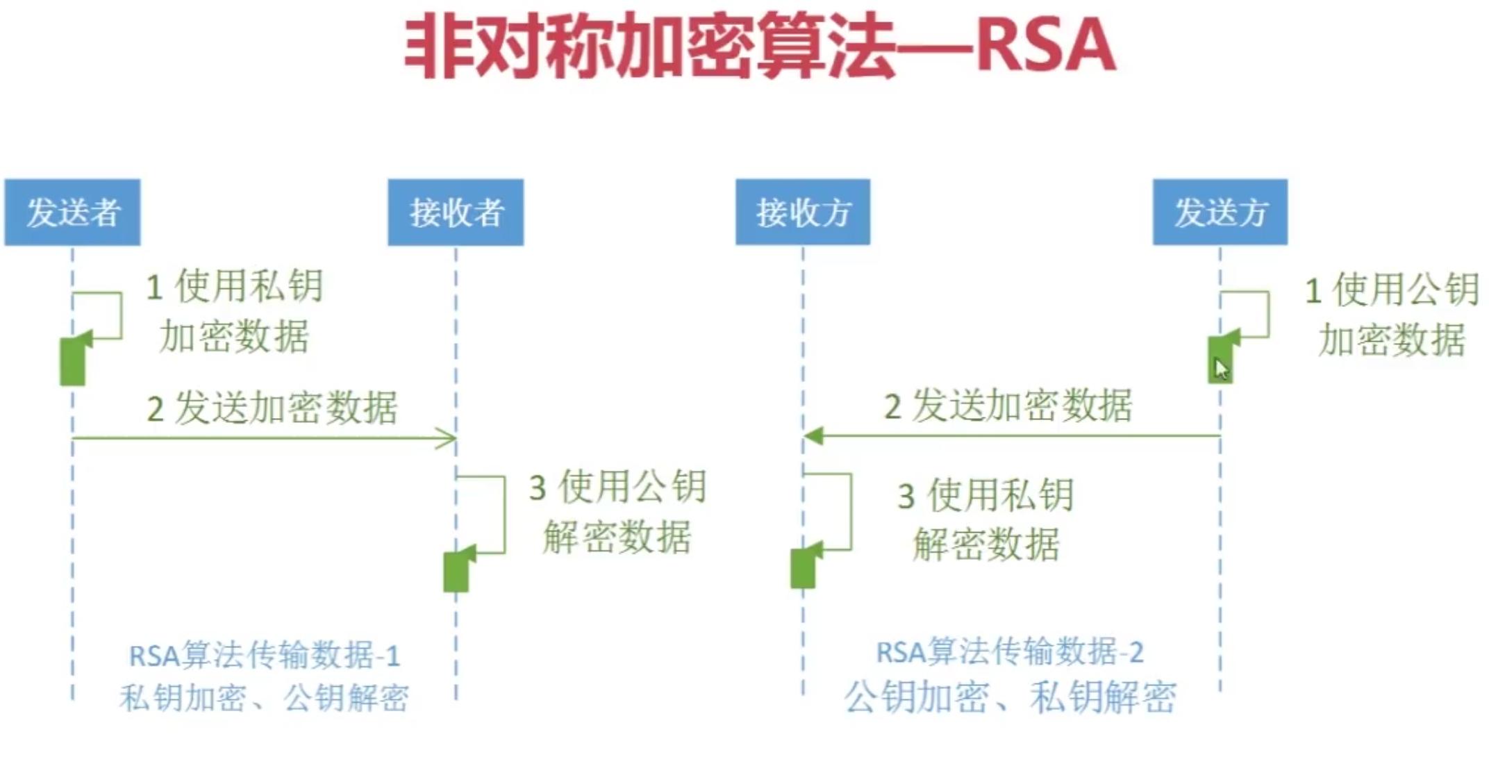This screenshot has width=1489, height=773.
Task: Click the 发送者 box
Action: coord(72,213)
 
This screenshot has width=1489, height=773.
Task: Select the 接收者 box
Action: coord(456,213)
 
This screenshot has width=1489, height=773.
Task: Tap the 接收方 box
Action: coord(803,213)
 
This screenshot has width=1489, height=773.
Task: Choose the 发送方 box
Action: coord(1220,213)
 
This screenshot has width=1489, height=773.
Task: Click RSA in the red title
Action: coord(1045,46)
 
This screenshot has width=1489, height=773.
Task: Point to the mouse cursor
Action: coord(1220,367)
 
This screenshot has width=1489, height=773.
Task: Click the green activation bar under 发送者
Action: coord(72,361)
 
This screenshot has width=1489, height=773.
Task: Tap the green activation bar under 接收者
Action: coord(456,572)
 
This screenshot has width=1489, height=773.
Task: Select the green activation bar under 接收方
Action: coord(803,568)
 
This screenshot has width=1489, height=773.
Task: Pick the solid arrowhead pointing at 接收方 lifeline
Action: coord(813,436)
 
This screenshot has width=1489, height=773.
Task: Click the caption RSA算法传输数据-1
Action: coord(265,656)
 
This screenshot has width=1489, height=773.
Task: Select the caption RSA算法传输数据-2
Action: coord(1010,652)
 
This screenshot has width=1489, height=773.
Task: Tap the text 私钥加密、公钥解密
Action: coord(265,697)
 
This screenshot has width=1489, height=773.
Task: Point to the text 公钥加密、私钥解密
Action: coord(1010,697)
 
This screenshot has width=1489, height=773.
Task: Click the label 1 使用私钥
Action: coord(235,286)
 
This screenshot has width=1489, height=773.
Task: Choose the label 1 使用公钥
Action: coord(1392,290)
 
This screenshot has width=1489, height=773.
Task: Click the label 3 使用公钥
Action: coord(617,486)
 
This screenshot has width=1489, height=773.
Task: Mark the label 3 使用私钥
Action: coord(986,495)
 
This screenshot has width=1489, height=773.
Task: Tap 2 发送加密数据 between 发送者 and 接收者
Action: coord(272,408)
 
